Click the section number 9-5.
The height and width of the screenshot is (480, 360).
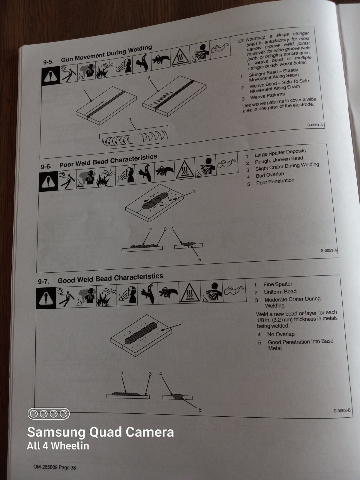pos(48,62)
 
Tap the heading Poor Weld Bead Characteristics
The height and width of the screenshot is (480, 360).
pos(108,161)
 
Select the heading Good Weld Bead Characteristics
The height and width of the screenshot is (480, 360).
pos(110,278)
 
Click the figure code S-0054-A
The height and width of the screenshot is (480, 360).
pos(315,125)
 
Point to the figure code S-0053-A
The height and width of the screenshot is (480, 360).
pos(329,250)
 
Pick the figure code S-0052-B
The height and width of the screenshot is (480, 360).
pos(342,411)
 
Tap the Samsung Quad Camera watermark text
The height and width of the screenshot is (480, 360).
pos(100,432)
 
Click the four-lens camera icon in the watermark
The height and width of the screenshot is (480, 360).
pos(49,414)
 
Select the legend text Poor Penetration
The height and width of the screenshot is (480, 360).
pos(275,181)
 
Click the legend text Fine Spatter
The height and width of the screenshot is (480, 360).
pos(277,284)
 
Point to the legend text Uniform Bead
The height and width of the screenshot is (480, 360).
pos(280,292)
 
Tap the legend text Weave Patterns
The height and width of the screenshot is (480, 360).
pos(268,96)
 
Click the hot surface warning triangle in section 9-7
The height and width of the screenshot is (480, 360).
pos(189,292)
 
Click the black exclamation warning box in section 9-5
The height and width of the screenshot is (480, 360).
pos(50,76)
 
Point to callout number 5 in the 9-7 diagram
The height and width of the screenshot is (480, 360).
pos(200,410)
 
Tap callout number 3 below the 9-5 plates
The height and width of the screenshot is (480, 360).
pos(130,120)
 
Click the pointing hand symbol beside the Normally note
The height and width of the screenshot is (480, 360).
pos(241,41)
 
